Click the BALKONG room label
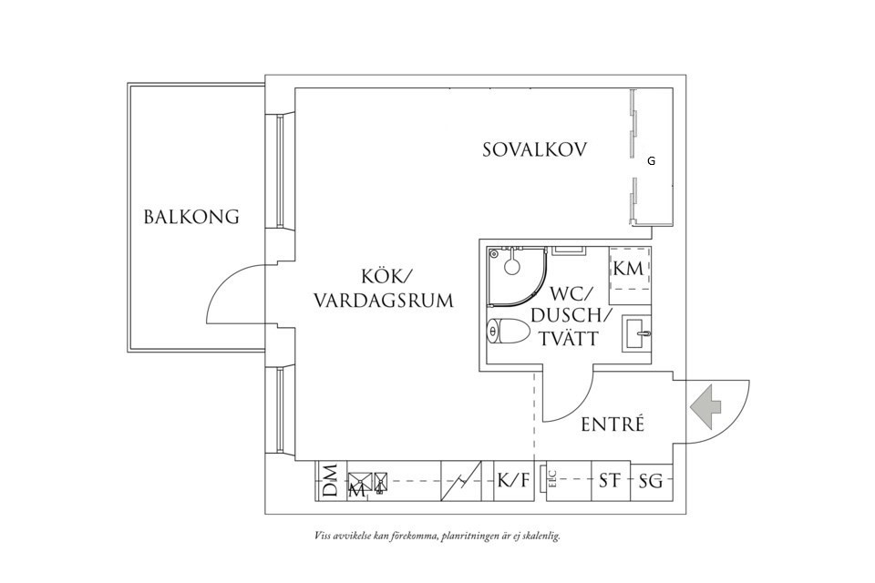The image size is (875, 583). [191, 217]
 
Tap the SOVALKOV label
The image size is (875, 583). [534, 149]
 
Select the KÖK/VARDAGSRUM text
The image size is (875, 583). [383, 288]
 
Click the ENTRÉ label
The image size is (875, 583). [612, 424]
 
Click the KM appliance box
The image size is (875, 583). [629, 268]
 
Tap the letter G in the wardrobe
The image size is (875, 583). [651, 161]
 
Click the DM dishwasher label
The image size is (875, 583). [330, 481]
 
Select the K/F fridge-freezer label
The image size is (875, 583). [512, 481]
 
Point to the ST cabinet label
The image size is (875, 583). [608, 481]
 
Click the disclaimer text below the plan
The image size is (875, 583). [437, 536]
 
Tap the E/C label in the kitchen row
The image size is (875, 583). [551, 480]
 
